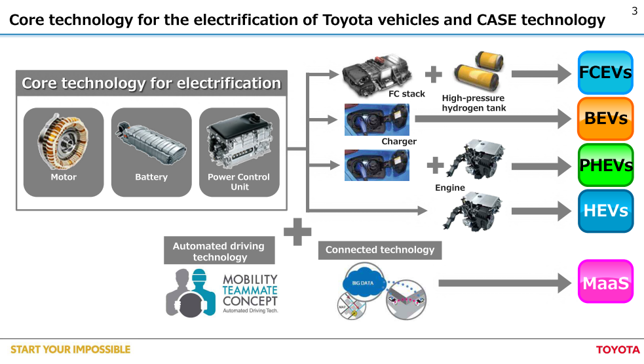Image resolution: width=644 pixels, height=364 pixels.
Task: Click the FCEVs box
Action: [605, 72]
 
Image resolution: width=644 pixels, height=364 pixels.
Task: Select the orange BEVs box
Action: [605, 119]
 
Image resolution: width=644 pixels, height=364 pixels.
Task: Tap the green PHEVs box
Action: [605, 165]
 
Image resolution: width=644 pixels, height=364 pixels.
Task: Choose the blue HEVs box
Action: [605, 211]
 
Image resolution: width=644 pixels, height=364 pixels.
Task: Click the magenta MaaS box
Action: [605, 282]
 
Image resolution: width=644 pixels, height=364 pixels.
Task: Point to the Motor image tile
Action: [64, 152]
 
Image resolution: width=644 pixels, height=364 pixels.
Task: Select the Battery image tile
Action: [151, 152]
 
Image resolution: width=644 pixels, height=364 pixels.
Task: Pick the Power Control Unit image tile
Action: [239, 152]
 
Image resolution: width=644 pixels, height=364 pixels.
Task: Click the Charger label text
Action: [399, 141]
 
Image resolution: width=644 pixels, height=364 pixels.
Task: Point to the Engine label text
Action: [450, 188]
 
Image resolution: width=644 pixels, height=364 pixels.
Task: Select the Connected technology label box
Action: [380, 250]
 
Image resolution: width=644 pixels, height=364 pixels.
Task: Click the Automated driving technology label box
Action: [219, 251]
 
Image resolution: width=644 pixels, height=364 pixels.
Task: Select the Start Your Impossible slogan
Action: [70, 350]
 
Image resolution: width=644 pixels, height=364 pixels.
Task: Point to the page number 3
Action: [634, 11]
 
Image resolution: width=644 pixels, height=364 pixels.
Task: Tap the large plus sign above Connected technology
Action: [297, 232]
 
